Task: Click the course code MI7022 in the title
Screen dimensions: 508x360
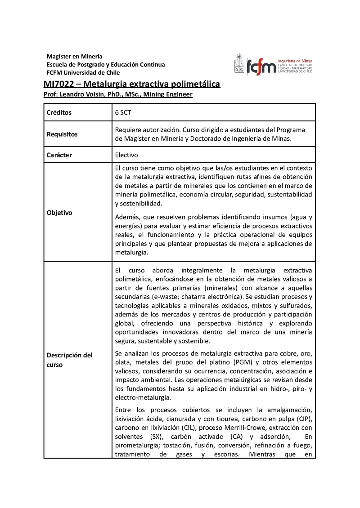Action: [58, 84]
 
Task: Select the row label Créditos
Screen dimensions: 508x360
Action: [59, 112]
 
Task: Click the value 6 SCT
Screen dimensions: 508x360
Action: [123, 112]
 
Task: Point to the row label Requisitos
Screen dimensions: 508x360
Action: [62, 134]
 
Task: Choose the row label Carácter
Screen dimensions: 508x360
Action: [59, 155]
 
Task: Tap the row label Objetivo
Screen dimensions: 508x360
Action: [59, 213]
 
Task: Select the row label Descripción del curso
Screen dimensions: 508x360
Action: [69, 360]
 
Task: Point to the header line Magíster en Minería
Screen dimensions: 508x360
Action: [75, 56]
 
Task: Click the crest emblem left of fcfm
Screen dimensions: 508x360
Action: [239, 63]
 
